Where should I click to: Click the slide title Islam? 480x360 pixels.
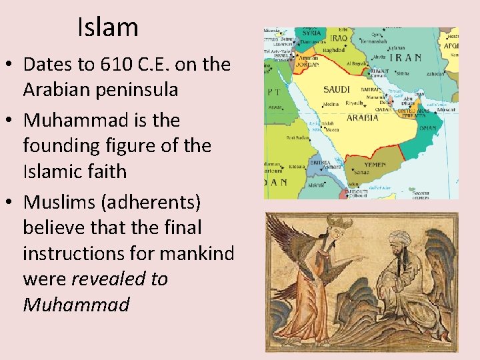[107, 27]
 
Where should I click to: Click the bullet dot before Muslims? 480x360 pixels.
[11, 201]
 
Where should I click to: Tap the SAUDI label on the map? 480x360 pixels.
[337, 89]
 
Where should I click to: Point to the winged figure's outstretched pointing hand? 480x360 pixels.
[361, 257]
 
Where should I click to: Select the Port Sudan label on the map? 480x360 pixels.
[297, 138]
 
